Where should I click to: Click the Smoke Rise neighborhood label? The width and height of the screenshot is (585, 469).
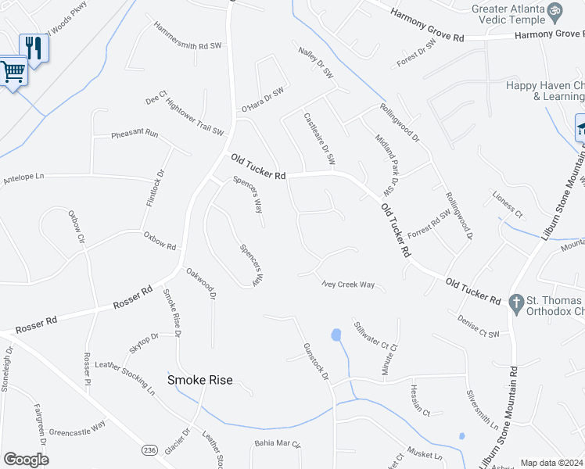[x=200, y=380]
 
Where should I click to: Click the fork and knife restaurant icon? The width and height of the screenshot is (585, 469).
[x=34, y=47]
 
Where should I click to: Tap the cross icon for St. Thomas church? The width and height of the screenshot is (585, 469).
[x=516, y=302]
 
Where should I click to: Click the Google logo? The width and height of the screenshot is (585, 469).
[x=26, y=460]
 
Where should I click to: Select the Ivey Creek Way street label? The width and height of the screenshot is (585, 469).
[x=348, y=285]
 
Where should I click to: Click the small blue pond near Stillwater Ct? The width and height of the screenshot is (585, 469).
[x=336, y=336]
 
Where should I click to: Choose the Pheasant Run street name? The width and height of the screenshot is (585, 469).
[x=135, y=134]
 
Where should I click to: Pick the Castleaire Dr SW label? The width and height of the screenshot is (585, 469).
[x=319, y=138]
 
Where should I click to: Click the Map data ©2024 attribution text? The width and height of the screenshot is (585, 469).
[x=552, y=463]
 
